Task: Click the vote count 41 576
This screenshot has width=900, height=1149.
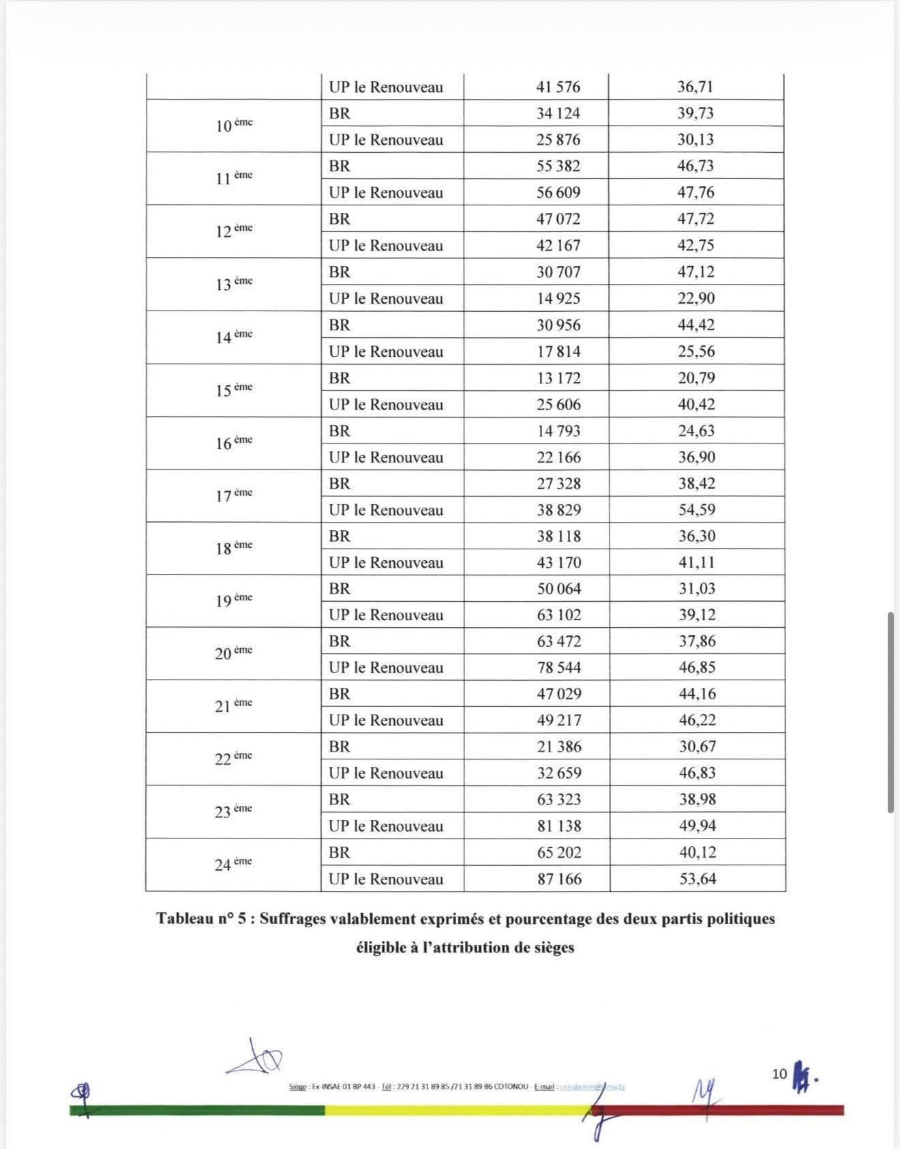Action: pos(558,87)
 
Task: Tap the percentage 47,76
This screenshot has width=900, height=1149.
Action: pos(695,192)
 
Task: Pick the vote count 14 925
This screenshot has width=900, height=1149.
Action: pos(558,298)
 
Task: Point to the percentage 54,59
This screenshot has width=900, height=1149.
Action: pos(696,510)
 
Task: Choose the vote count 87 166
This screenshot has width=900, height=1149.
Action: pos(559,879)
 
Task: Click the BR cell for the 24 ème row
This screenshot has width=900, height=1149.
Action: pos(340,852)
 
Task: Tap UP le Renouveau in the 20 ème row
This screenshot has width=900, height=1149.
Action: pos(386,667)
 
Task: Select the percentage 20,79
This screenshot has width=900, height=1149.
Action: pos(696,378)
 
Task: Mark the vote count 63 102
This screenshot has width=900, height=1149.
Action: pos(558,615)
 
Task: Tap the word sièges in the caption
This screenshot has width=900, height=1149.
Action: pos(552,947)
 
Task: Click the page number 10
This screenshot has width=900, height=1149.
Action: pos(779,1074)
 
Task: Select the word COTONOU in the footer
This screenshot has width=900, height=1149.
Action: pos(511,1086)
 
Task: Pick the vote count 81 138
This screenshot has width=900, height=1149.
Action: pos(559,826)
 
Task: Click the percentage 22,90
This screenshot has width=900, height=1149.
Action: pos(695,298)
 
